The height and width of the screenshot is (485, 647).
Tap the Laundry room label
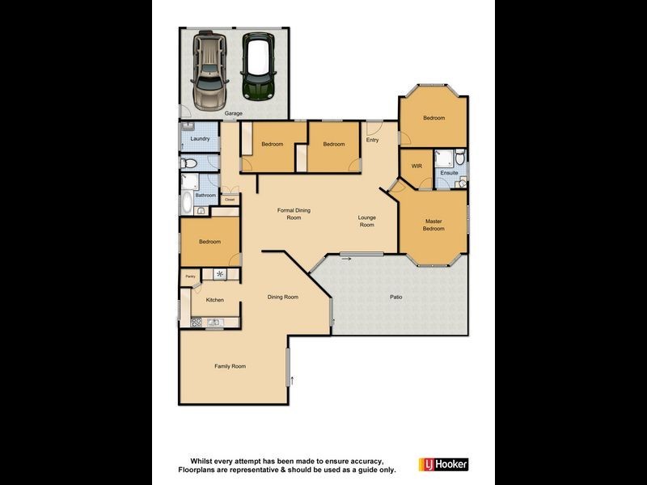click(x=200, y=139)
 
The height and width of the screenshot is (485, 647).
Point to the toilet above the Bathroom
click(x=188, y=164)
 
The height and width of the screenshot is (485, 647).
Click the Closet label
click(x=230, y=199)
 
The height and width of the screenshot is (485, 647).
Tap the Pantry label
click(x=191, y=276)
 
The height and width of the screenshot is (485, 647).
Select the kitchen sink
click(x=214, y=323)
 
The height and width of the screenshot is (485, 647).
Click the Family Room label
click(x=230, y=366)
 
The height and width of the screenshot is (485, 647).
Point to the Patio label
click(x=396, y=297)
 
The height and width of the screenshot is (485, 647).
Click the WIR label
click(x=417, y=166)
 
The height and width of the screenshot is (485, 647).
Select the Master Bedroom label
click(x=433, y=225)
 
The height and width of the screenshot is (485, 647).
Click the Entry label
click(x=372, y=140)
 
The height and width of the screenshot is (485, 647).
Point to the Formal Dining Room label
click(x=294, y=214)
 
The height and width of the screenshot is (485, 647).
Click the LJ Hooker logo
click(x=442, y=465)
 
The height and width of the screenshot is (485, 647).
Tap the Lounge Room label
click(x=367, y=221)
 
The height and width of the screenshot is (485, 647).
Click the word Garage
click(x=234, y=113)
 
